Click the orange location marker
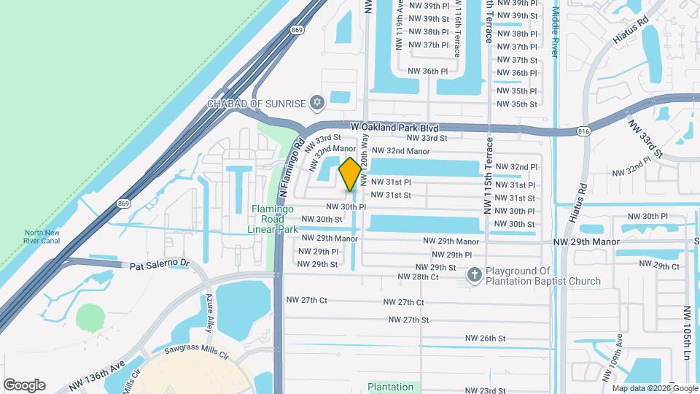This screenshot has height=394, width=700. [350, 174]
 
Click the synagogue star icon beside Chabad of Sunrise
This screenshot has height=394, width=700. [316, 103]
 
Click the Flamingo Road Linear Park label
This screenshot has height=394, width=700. [275, 219]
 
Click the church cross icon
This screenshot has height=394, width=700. [474, 275]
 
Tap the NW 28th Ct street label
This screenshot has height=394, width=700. [418, 277]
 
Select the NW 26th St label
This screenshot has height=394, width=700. [486, 339]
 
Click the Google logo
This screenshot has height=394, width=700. [24, 385]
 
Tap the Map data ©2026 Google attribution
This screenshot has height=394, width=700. [654, 389]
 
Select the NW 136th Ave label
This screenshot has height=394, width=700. [98, 374]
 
